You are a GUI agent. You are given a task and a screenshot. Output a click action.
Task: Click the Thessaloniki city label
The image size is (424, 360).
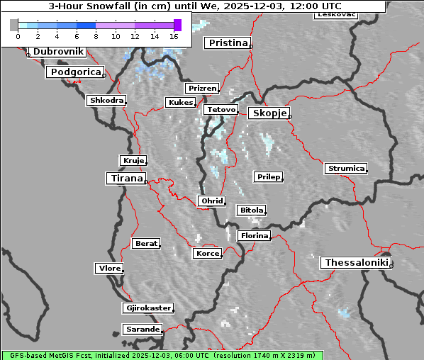click(356, 263)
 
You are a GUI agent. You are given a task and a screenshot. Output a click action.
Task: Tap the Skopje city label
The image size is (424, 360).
click(268, 113)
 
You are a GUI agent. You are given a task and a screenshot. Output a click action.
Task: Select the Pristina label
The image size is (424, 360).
click(228, 43)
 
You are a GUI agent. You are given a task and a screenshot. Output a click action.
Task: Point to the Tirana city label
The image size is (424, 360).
click(125, 178)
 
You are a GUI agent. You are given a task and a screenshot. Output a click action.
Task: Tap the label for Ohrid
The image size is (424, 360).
click(212, 201)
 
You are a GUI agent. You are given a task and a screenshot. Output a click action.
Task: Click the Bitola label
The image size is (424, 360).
click(251, 210)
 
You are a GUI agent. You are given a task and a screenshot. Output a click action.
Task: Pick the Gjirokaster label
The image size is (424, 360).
click(147, 308)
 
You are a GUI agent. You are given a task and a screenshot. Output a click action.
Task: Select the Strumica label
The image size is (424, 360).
click(346, 169)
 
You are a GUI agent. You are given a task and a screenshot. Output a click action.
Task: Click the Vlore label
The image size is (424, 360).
click(109, 269)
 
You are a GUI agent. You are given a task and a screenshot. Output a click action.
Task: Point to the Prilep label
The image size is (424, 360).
click(268, 176)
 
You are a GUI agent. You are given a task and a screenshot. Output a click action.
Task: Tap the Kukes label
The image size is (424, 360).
click(180, 103)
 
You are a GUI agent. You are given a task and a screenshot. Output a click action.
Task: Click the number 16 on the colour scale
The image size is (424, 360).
click(174, 35)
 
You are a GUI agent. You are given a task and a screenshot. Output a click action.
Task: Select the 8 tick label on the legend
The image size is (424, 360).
click(96, 35)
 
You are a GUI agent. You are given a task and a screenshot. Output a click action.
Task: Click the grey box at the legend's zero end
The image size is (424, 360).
click(13, 25)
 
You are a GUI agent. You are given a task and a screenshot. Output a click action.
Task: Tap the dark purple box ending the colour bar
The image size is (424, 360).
click(177, 25)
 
